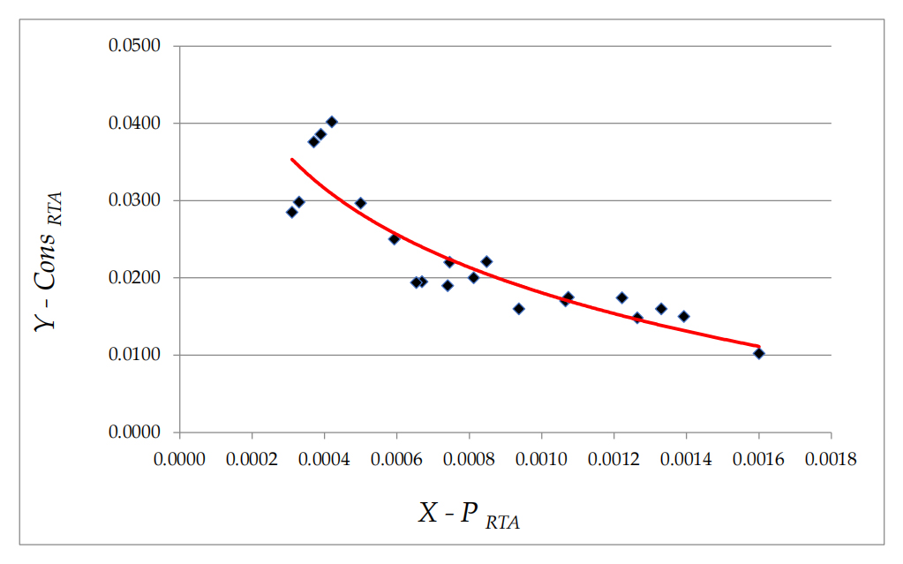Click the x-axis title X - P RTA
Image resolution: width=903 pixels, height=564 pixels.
click(x=469, y=515)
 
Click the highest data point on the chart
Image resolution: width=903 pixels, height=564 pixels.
click(x=332, y=122)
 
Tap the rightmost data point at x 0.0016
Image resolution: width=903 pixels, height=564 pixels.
click(x=758, y=353)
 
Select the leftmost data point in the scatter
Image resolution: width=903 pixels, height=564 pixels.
click(x=292, y=212)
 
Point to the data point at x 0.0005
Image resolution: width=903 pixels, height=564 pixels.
click(x=360, y=203)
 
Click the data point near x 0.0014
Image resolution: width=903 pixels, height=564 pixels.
click(x=683, y=316)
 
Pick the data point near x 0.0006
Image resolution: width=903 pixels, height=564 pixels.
click(x=394, y=238)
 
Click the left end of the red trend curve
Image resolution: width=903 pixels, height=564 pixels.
click(x=292, y=159)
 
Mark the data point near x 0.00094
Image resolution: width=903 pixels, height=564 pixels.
click(x=518, y=309)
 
